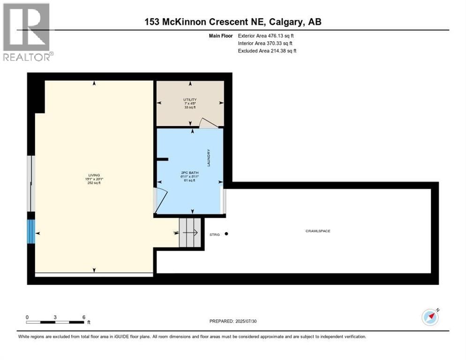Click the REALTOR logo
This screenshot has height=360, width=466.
pyautogui.click(x=27, y=32)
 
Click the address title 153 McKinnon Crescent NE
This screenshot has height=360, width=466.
pyautogui.click(x=233, y=22)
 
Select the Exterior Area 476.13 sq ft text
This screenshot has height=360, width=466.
pyautogui.click(x=266, y=36)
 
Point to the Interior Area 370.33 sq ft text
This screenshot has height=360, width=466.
pyautogui.click(x=265, y=43)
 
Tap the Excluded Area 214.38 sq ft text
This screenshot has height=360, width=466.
pyautogui.click(x=267, y=51)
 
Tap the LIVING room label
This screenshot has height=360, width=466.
pyautogui.click(x=93, y=175)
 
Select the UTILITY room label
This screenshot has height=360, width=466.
pyautogui.click(x=190, y=99)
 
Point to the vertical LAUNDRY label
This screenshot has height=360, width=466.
pyautogui.click(x=209, y=158)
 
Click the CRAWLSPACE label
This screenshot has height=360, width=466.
pyautogui.click(x=318, y=231)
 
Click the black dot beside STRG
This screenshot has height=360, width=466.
pyautogui.click(x=226, y=233)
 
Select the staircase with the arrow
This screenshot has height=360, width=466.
pyautogui.click(x=190, y=232)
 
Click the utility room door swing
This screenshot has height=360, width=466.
pyautogui.click(x=208, y=122)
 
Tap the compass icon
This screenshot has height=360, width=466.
pyautogui.click(x=430, y=317)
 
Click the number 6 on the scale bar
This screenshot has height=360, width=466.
pyautogui.click(x=83, y=317)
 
